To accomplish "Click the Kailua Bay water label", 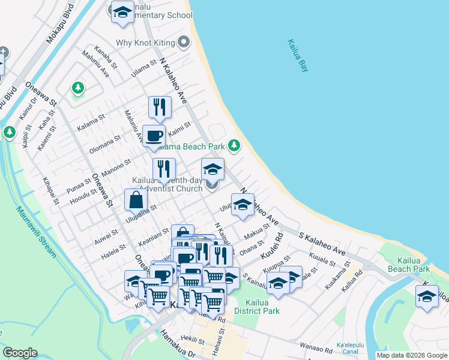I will (298, 56).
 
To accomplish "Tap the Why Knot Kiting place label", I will (145, 43).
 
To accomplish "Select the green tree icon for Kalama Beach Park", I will (234, 146).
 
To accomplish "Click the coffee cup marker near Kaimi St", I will (154, 136).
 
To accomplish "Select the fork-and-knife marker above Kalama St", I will (160, 107).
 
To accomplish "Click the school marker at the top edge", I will (122, 13).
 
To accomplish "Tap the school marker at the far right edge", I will (427, 296).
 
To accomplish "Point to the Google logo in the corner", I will (19, 353).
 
